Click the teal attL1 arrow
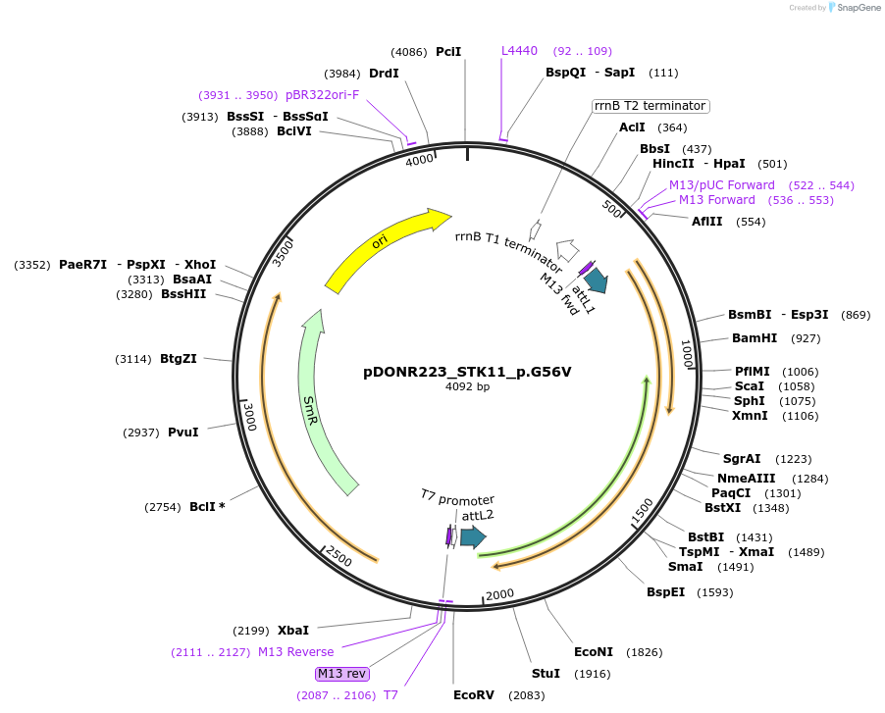click(597, 280)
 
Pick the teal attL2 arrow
click(473, 535)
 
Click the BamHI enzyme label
click(755, 338)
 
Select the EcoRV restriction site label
click(474, 695)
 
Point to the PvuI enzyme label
click(182, 432)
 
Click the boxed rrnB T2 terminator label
click(651, 106)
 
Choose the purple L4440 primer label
click(519, 51)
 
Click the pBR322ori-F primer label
click(323, 95)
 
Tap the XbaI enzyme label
click(292, 630)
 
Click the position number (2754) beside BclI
click(162, 507)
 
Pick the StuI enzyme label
click(546, 674)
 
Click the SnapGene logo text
click(853, 8)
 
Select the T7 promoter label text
click(457, 499)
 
